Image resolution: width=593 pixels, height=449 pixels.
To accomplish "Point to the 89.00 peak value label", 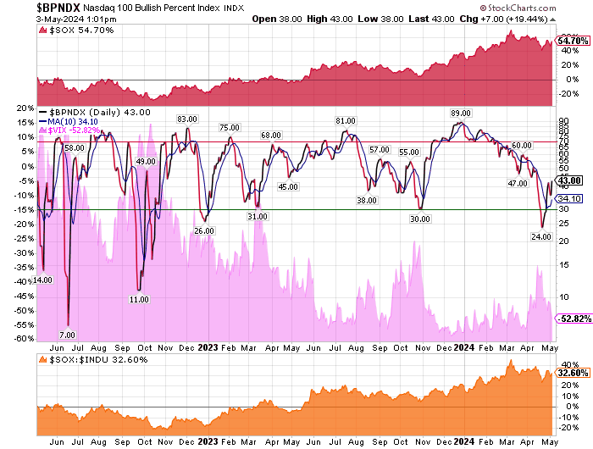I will pos(461,113).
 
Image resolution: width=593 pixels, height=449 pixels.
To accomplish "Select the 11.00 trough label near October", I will pos(140,299).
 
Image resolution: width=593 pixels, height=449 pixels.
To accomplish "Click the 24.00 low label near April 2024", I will pos(541,237).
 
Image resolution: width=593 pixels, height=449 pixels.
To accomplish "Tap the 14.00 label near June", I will pos(43,280).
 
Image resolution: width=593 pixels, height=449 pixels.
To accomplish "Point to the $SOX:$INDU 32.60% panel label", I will pos(85,359).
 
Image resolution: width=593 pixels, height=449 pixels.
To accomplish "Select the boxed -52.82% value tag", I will pos(574,319).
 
